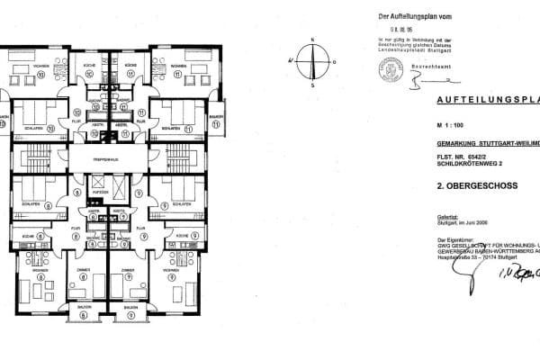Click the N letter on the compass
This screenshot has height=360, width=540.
point(311,40)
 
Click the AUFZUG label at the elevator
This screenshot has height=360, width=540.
point(100,192)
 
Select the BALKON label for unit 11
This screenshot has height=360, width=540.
point(216,117)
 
